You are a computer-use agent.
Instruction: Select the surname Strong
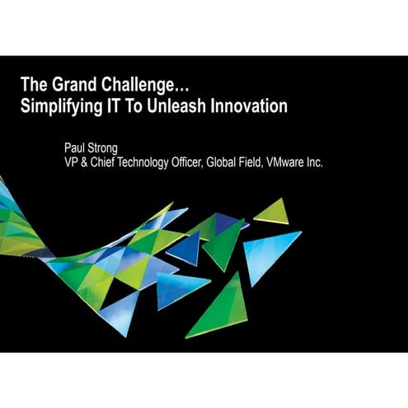[x=106, y=148]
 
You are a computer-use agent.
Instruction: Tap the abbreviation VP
[x=73, y=163]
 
